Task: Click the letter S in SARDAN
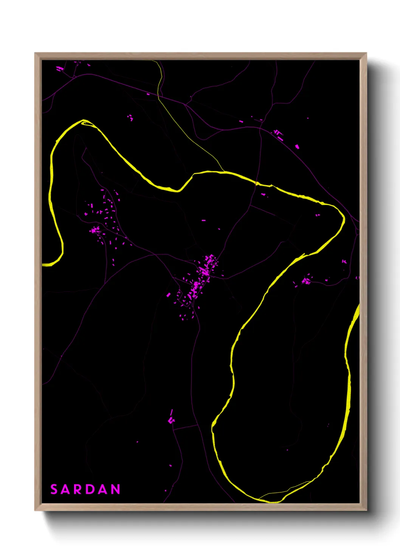[54, 489]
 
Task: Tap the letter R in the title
[78, 489]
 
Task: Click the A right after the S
[66, 489]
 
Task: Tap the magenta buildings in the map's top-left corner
[59, 69]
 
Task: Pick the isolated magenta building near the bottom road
[171, 420]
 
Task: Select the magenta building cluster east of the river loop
[306, 281]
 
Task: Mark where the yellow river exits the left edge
[43, 264]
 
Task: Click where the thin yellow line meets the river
[223, 171]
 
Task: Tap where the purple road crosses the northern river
[257, 184]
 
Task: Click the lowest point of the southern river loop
[270, 502]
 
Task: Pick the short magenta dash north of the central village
[203, 220]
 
